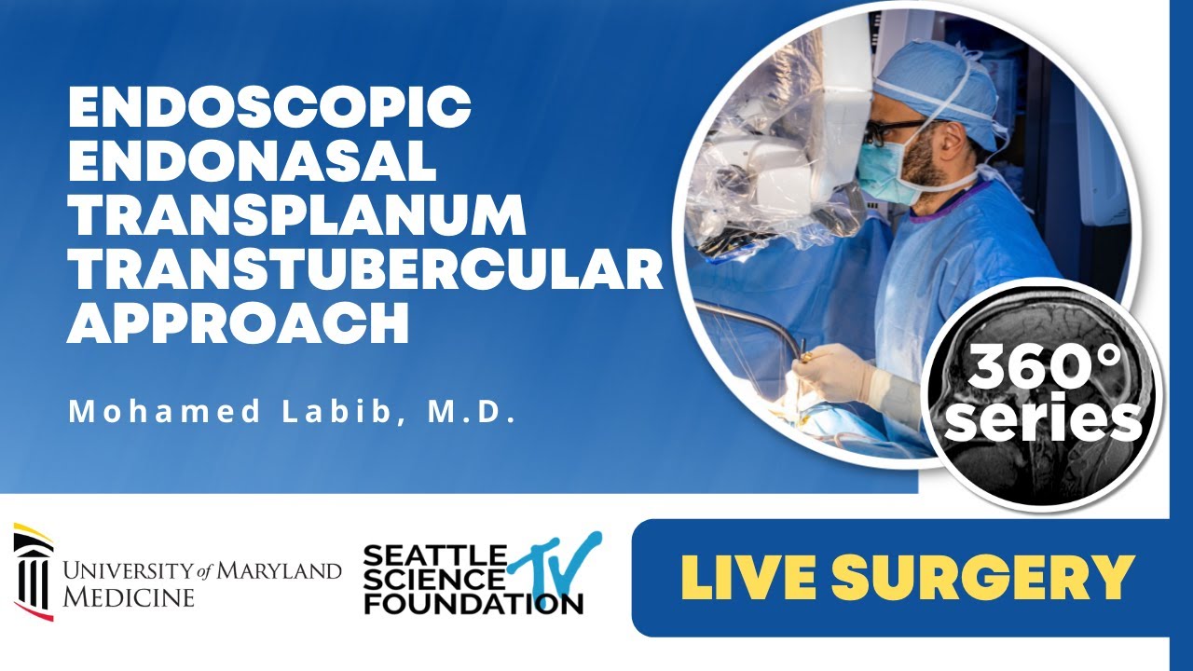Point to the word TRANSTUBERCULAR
(x=364, y=271)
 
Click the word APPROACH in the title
(x=238, y=324)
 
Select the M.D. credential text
(x=472, y=412)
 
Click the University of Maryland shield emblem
(x=33, y=571)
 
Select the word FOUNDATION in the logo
(x=473, y=603)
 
